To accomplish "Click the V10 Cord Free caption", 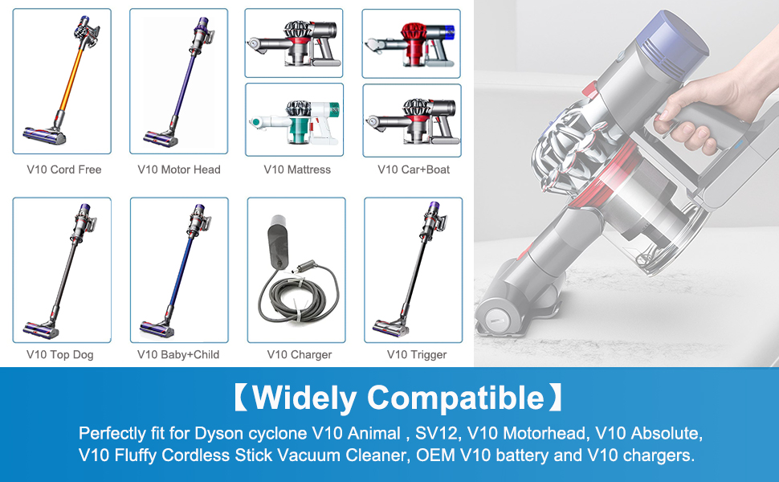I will click(x=63, y=170).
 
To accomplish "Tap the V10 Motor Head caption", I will click(x=179, y=170).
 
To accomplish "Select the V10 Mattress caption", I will click(x=297, y=170).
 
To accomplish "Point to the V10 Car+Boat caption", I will click(x=414, y=170).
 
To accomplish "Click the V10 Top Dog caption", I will click(x=60, y=354).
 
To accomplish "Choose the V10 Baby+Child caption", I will click(x=178, y=354).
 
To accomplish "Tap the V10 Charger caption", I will click(x=300, y=354).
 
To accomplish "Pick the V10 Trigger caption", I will click(x=417, y=354).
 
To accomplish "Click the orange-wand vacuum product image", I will click(x=62, y=81).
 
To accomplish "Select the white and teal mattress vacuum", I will click(x=295, y=120).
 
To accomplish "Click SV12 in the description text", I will click(x=437, y=434).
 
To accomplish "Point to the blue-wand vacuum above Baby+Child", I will click(x=179, y=270).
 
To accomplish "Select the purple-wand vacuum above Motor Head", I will click(x=179, y=81).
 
